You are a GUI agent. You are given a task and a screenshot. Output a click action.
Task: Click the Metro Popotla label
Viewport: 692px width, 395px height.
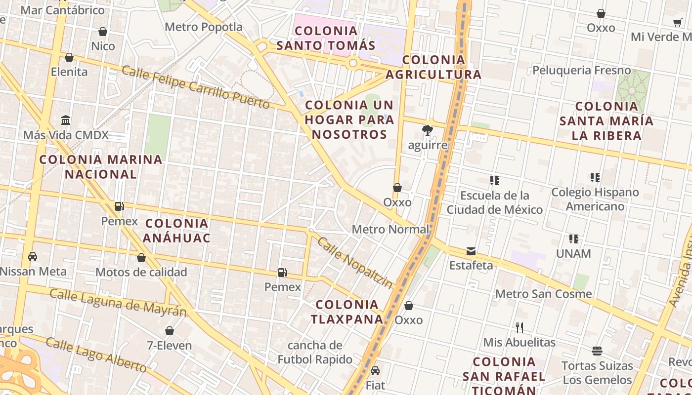tap(204, 27)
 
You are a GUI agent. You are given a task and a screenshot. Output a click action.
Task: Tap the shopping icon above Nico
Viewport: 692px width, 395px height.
tap(103, 32)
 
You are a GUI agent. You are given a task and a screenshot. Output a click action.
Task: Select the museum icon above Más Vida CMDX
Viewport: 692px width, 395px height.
tap(66, 120)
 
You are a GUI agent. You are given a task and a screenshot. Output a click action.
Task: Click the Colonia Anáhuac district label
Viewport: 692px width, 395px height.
tap(176, 231)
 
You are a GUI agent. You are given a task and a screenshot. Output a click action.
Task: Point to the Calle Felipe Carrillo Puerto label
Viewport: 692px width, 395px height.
tap(196, 87)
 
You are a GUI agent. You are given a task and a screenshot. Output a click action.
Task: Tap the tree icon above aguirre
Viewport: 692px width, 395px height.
tap(427, 131)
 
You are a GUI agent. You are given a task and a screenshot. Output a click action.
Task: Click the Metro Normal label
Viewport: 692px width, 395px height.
tap(390, 230)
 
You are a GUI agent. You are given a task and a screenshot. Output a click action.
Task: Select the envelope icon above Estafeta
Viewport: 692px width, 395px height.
tap(471, 251)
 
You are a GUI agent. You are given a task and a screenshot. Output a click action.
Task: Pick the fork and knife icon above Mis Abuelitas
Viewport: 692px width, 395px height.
tap(519, 327)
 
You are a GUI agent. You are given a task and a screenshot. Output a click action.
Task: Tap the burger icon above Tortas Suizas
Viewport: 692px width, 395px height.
tap(597, 351)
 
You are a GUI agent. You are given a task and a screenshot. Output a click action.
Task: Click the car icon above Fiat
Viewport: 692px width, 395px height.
tap(375, 371)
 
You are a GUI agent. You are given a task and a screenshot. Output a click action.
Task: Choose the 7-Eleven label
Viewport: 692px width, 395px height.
tap(169, 345)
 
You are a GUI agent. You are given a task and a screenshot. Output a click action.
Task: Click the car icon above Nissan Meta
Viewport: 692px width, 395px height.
tap(33, 257)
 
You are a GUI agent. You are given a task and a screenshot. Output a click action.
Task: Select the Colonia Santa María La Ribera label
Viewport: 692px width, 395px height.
tap(606, 121)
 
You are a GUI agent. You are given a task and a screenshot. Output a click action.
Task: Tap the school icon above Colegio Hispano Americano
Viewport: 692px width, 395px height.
tap(595, 178)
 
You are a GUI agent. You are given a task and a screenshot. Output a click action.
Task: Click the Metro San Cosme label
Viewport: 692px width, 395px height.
tap(543, 294)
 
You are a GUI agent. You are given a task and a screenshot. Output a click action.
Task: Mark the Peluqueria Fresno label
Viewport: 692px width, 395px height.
tap(582, 70)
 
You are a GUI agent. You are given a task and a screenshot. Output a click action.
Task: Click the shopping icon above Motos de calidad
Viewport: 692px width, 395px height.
tap(141, 258)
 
